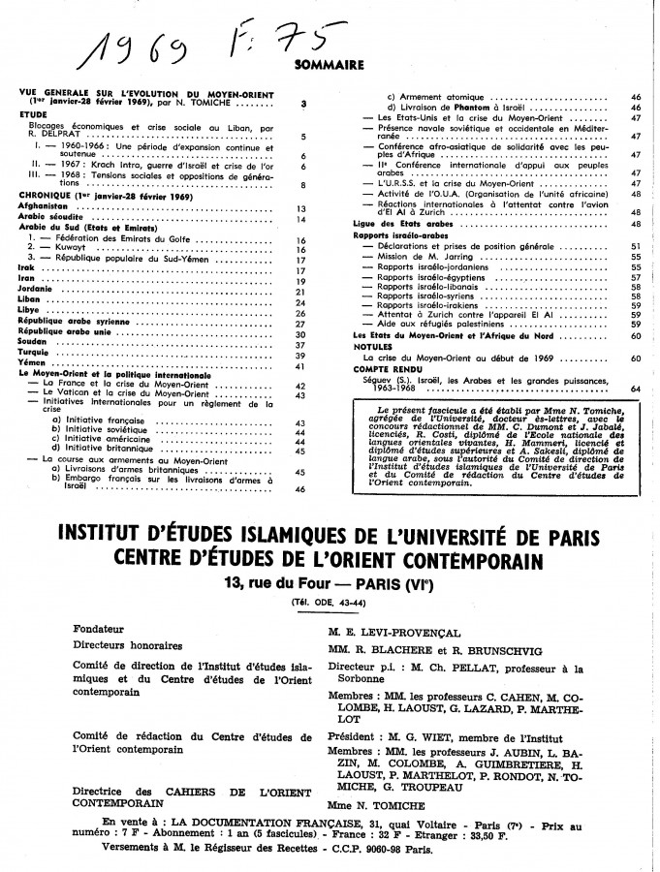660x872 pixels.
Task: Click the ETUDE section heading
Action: pyautogui.click(x=33, y=112)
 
